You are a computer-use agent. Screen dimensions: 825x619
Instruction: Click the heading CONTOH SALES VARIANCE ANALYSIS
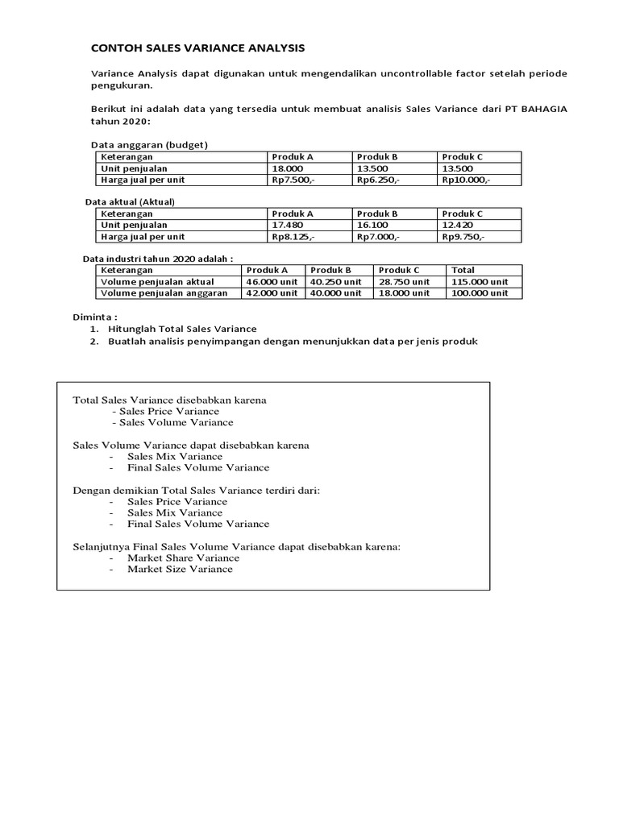197,48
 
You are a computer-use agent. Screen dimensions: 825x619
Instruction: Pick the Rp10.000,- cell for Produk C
466,180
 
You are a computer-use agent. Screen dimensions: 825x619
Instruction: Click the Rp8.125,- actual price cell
293,237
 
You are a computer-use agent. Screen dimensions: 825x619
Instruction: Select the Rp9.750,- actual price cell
463,237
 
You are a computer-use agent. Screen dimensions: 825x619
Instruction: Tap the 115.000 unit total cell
480,282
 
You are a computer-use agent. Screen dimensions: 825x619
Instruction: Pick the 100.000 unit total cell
480,293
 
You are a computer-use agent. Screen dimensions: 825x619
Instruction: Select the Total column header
463,270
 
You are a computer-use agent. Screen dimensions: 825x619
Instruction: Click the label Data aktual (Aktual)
130,201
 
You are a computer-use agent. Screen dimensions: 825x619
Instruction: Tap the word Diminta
94,317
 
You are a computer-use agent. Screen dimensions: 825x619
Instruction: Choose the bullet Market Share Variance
183,558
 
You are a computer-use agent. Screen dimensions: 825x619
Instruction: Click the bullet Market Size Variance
180,569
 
